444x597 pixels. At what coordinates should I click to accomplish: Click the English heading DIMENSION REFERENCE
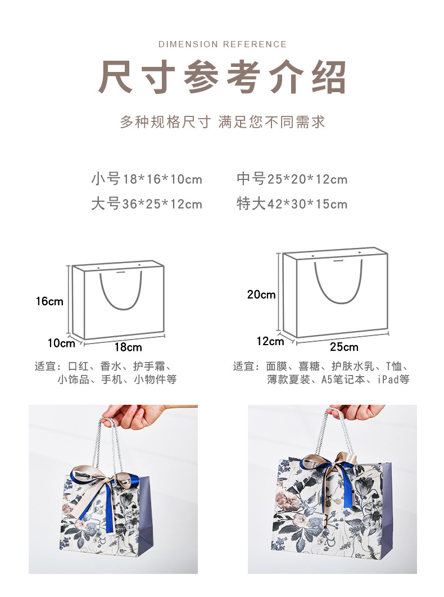(223, 44)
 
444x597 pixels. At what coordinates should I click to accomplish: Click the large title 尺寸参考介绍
(223, 77)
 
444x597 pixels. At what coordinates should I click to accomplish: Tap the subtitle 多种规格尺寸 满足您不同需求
(223, 122)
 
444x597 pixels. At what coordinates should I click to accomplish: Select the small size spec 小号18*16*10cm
(147, 179)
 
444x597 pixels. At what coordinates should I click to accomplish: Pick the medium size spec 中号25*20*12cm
(292, 179)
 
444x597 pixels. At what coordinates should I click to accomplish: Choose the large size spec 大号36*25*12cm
(147, 204)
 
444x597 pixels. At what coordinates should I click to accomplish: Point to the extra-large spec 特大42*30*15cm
(292, 204)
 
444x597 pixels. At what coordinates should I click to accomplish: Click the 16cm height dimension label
(49, 301)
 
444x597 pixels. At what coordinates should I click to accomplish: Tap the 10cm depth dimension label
(61, 343)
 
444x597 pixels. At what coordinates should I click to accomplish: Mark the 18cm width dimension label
(128, 347)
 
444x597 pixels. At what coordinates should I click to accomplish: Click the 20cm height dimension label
(261, 294)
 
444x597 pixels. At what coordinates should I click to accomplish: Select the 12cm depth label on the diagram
(270, 341)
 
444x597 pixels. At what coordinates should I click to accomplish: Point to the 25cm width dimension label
(344, 347)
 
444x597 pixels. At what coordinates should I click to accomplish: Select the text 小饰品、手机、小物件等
(117, 379)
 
